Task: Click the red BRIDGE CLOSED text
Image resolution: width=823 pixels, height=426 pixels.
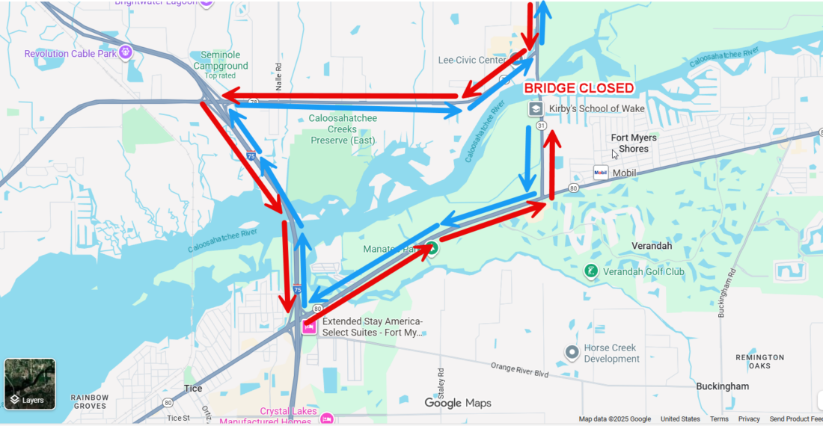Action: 578,88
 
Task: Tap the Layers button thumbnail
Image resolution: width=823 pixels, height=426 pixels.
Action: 30,384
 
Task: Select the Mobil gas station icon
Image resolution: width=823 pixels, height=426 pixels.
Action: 601,173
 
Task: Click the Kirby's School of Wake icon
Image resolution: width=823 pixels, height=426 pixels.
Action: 536,109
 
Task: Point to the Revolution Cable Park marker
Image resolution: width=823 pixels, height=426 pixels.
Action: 126,53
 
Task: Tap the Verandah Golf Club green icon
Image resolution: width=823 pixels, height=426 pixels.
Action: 591,271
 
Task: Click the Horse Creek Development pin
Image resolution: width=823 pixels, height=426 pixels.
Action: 572,352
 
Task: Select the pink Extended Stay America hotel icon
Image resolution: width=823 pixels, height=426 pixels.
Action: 308,327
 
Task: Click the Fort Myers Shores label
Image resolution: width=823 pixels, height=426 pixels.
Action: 634,143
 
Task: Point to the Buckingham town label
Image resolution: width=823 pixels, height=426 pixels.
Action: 722,386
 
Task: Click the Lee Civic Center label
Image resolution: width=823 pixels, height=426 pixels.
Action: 472,60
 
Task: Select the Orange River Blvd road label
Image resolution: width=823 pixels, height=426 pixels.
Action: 520,369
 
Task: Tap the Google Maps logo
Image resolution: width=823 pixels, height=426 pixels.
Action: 458,404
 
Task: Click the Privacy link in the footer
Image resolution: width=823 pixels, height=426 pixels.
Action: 749,419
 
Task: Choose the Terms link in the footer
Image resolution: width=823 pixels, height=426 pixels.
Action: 719,419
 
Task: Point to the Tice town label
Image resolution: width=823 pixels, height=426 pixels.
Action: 193,389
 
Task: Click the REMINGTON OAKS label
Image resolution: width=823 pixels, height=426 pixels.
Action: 759,362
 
